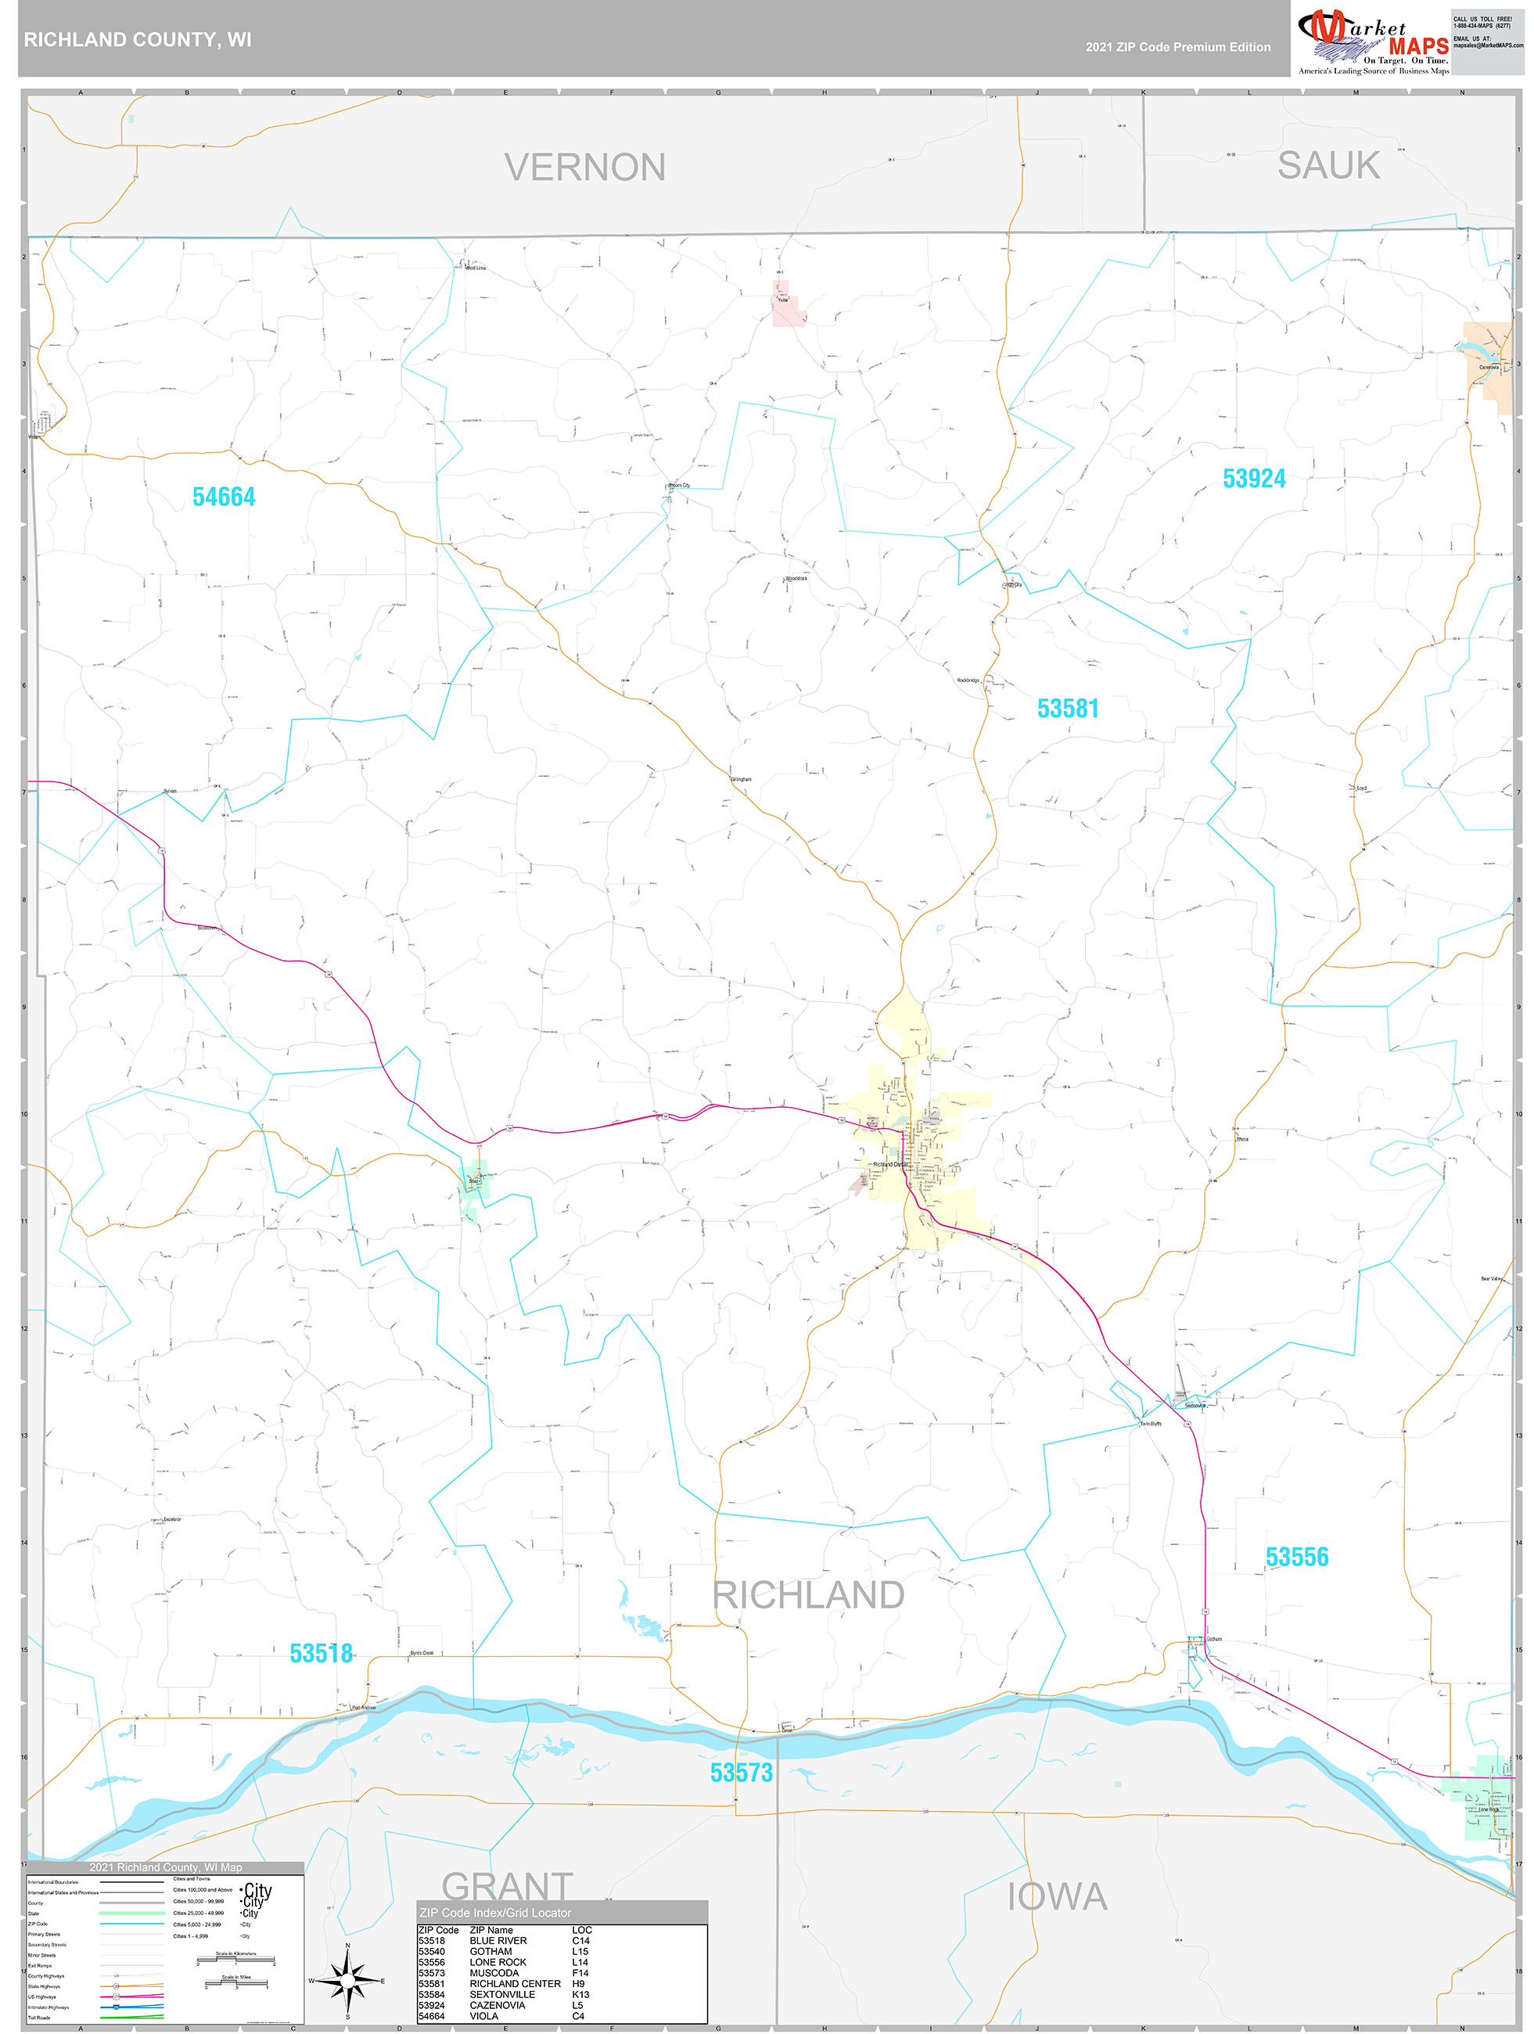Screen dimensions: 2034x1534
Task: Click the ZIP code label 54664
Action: pos(224,497)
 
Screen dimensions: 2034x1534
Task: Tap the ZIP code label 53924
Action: pos(1253,478)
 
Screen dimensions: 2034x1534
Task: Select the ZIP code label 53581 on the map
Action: pos(1067,708)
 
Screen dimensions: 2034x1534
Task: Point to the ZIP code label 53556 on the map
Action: pos(1296,1557)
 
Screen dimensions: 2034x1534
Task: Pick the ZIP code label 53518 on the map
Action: pos(321,1653)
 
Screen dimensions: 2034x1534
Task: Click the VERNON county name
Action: pos(584,167)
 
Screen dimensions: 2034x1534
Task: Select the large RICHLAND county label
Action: pos(808,1595)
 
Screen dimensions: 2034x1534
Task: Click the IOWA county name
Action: pos(1057,1897)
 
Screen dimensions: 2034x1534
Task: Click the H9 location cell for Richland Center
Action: pos(577,1983)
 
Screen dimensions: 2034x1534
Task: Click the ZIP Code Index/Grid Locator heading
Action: pos(495,1913)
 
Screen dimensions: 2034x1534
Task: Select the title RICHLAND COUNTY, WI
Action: pos(137,40)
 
